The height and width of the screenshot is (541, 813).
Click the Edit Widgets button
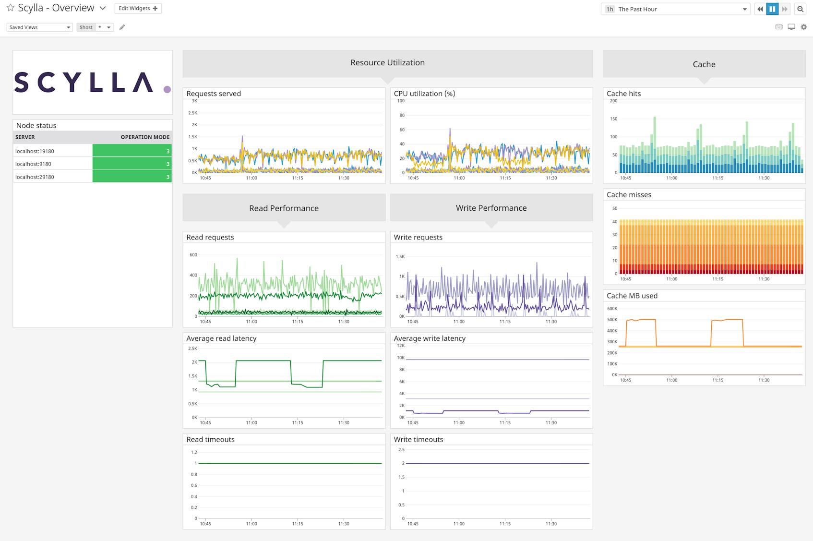138,8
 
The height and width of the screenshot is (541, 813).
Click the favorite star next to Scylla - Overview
10,8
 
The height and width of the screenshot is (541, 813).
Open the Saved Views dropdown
39,27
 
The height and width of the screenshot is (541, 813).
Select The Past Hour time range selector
675,9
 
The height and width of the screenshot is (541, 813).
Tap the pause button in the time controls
772,9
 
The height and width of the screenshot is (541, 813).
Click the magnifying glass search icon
800,9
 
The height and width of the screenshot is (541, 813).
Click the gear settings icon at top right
803,27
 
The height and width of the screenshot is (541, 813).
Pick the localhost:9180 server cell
34,164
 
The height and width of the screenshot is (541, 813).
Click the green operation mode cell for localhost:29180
132,177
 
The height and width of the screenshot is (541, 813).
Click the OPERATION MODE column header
145,137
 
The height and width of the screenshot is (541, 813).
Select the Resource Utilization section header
387,63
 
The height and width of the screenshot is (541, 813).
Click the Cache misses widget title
629,194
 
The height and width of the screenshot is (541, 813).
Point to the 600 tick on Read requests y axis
193,255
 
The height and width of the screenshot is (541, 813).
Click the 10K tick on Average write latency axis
400,358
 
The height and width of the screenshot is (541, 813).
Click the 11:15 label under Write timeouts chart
505,524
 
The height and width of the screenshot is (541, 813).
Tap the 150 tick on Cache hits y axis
613,119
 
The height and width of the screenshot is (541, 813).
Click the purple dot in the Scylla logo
167,89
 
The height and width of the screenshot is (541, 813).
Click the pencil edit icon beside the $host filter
122,27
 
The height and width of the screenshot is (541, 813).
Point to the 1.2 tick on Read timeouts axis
194,452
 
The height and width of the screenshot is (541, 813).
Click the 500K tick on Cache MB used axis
612,320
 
